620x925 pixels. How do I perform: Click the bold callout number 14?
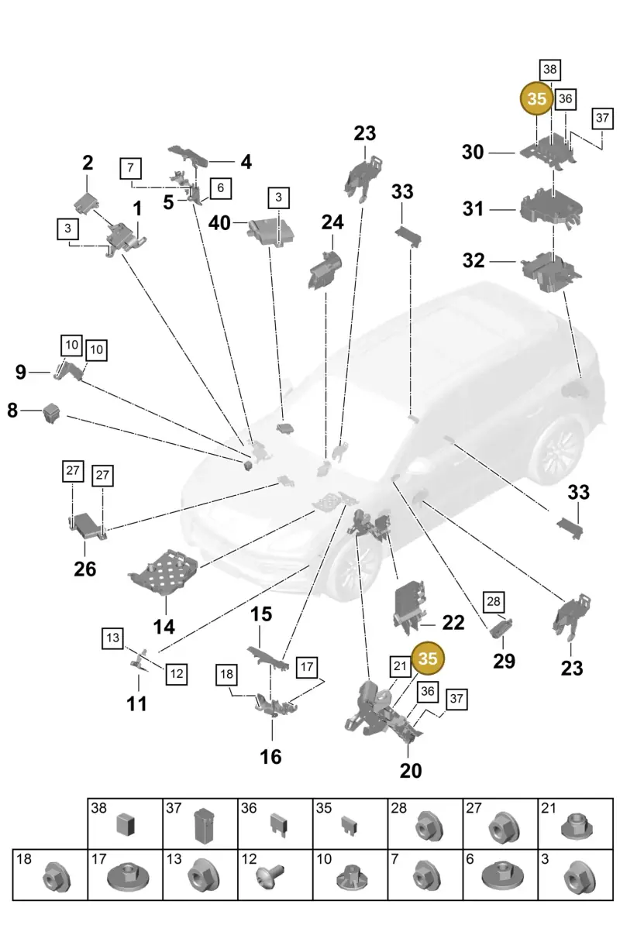(164, 626)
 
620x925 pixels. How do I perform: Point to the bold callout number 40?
(219, 222)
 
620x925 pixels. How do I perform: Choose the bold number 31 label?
(473, 209)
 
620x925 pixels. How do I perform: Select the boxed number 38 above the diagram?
(549, 70)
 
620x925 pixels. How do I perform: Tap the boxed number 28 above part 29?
(494, 602)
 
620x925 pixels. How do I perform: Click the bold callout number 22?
(453, 622)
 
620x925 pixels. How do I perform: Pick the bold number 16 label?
(270, 756)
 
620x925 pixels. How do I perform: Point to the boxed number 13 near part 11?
(112, 638)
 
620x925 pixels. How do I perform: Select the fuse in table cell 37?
(202, 826)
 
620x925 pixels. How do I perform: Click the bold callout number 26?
(85, 569)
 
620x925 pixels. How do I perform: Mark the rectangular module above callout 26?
(87, 524)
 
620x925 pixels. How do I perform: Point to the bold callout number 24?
(332, 222)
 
